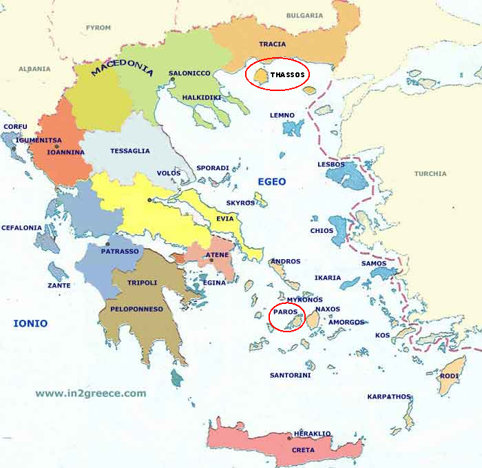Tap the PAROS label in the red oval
[x=285, y=312]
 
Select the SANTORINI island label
[x=290, y=375]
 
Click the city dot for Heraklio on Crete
[x=308, y=438]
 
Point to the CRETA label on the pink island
[x=303, y=450]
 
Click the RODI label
[x=449, y=376]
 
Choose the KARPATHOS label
[x=388, y=396]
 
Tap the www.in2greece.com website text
[x=91, y=394]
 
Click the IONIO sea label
[x=31, y=323]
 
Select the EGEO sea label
[x=271, y=181]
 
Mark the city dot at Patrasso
[x=107, y=244]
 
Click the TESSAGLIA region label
[x=129, y=152]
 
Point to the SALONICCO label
[x=189, y=73]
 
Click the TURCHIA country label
[x=430, y=174]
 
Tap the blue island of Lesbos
[x=347, y=177]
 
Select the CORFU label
[x=16, y=127]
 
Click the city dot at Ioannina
[x=56, y=147]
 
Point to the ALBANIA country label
[x=34, y=69]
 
